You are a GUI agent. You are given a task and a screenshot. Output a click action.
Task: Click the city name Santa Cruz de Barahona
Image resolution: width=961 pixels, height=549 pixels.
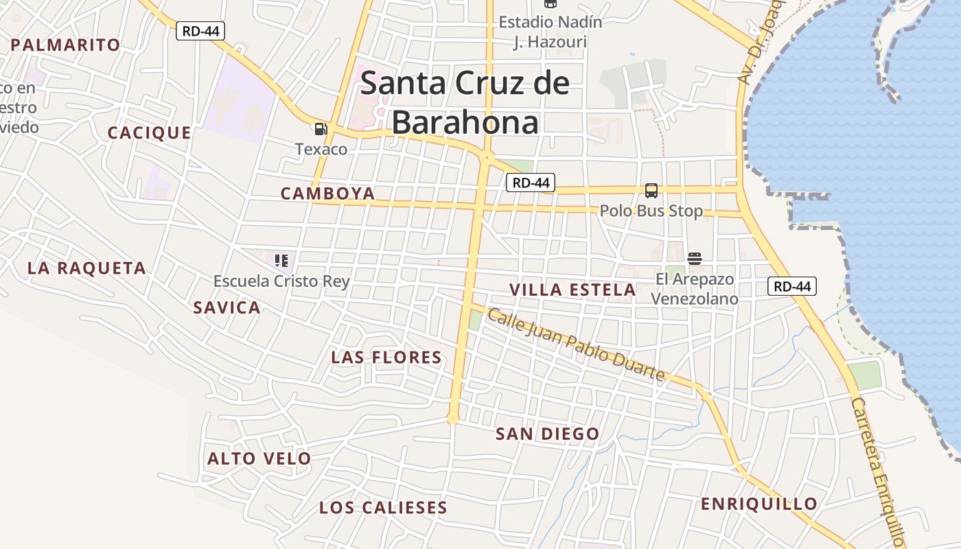[465, 102]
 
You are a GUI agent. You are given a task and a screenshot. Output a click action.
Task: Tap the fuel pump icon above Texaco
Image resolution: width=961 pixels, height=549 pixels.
[321, 129]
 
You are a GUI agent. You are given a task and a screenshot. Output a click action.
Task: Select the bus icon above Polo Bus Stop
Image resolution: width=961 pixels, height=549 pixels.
[651, 191]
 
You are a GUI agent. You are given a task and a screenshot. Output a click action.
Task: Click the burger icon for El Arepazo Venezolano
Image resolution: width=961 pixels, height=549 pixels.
[694, 259]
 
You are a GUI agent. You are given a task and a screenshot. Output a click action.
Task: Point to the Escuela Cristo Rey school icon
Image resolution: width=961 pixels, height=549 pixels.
[281, 261]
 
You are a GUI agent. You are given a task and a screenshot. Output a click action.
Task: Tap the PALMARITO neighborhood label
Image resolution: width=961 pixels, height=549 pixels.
[66, 45]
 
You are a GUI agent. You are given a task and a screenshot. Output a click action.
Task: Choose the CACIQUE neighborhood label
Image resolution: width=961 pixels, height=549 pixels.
[149, 133]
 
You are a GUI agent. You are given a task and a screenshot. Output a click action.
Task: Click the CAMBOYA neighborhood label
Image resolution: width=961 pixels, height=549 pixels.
[327, 194]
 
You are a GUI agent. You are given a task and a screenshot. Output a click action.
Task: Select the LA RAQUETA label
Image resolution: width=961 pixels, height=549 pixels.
[86, 268]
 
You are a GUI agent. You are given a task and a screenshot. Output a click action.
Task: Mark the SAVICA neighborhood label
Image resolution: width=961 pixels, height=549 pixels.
[227, 307]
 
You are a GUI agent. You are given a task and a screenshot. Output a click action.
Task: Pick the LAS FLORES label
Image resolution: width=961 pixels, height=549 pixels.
[386, 358]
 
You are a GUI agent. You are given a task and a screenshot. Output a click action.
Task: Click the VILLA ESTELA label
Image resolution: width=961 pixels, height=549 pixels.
[572, 290]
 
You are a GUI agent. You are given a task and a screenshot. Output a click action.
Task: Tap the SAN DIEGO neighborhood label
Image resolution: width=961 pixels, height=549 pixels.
[547, 434]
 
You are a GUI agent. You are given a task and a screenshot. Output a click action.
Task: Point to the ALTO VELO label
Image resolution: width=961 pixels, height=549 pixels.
[259, 458]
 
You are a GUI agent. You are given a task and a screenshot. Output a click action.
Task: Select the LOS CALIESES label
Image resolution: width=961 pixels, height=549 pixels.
[383, 508]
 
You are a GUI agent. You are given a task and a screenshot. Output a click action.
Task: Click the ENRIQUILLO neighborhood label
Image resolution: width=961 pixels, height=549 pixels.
[759, 504]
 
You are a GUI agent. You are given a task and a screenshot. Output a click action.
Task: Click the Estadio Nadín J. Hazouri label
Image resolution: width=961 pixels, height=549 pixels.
[551, 32]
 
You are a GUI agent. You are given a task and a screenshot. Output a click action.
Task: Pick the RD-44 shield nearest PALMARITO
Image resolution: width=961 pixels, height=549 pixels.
[200, 31]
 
